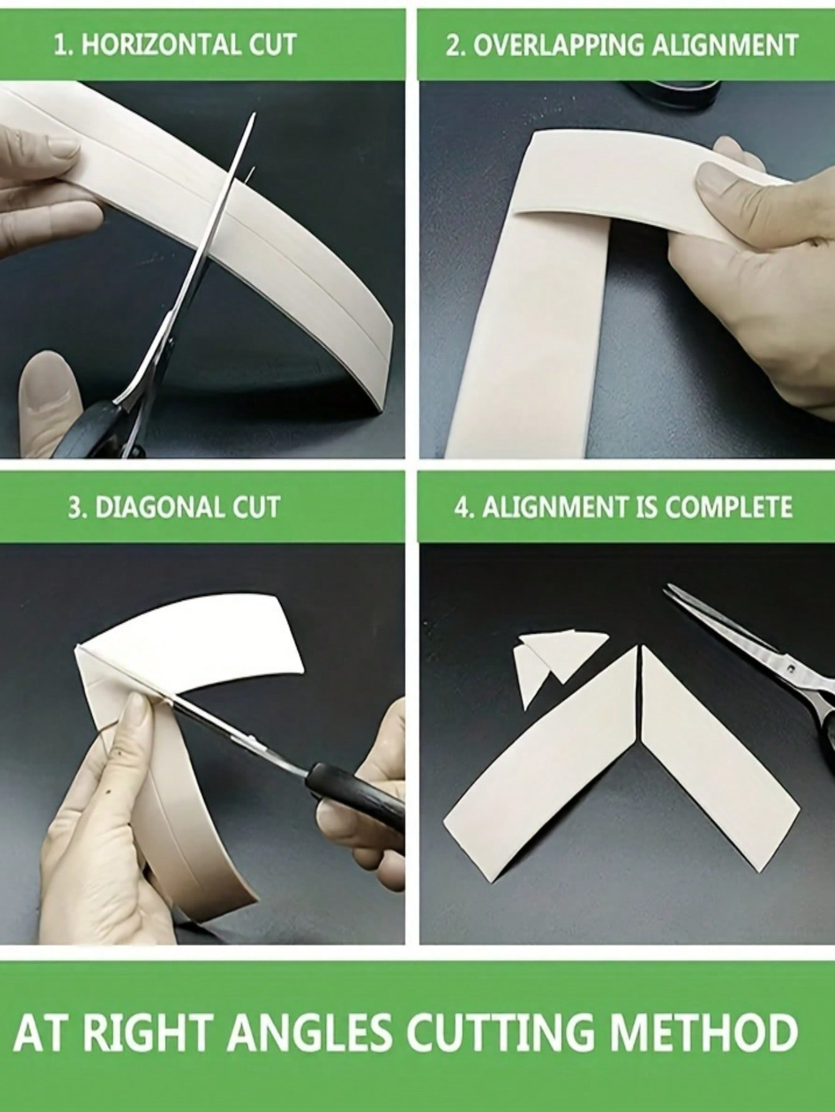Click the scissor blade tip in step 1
coord(255,114)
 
